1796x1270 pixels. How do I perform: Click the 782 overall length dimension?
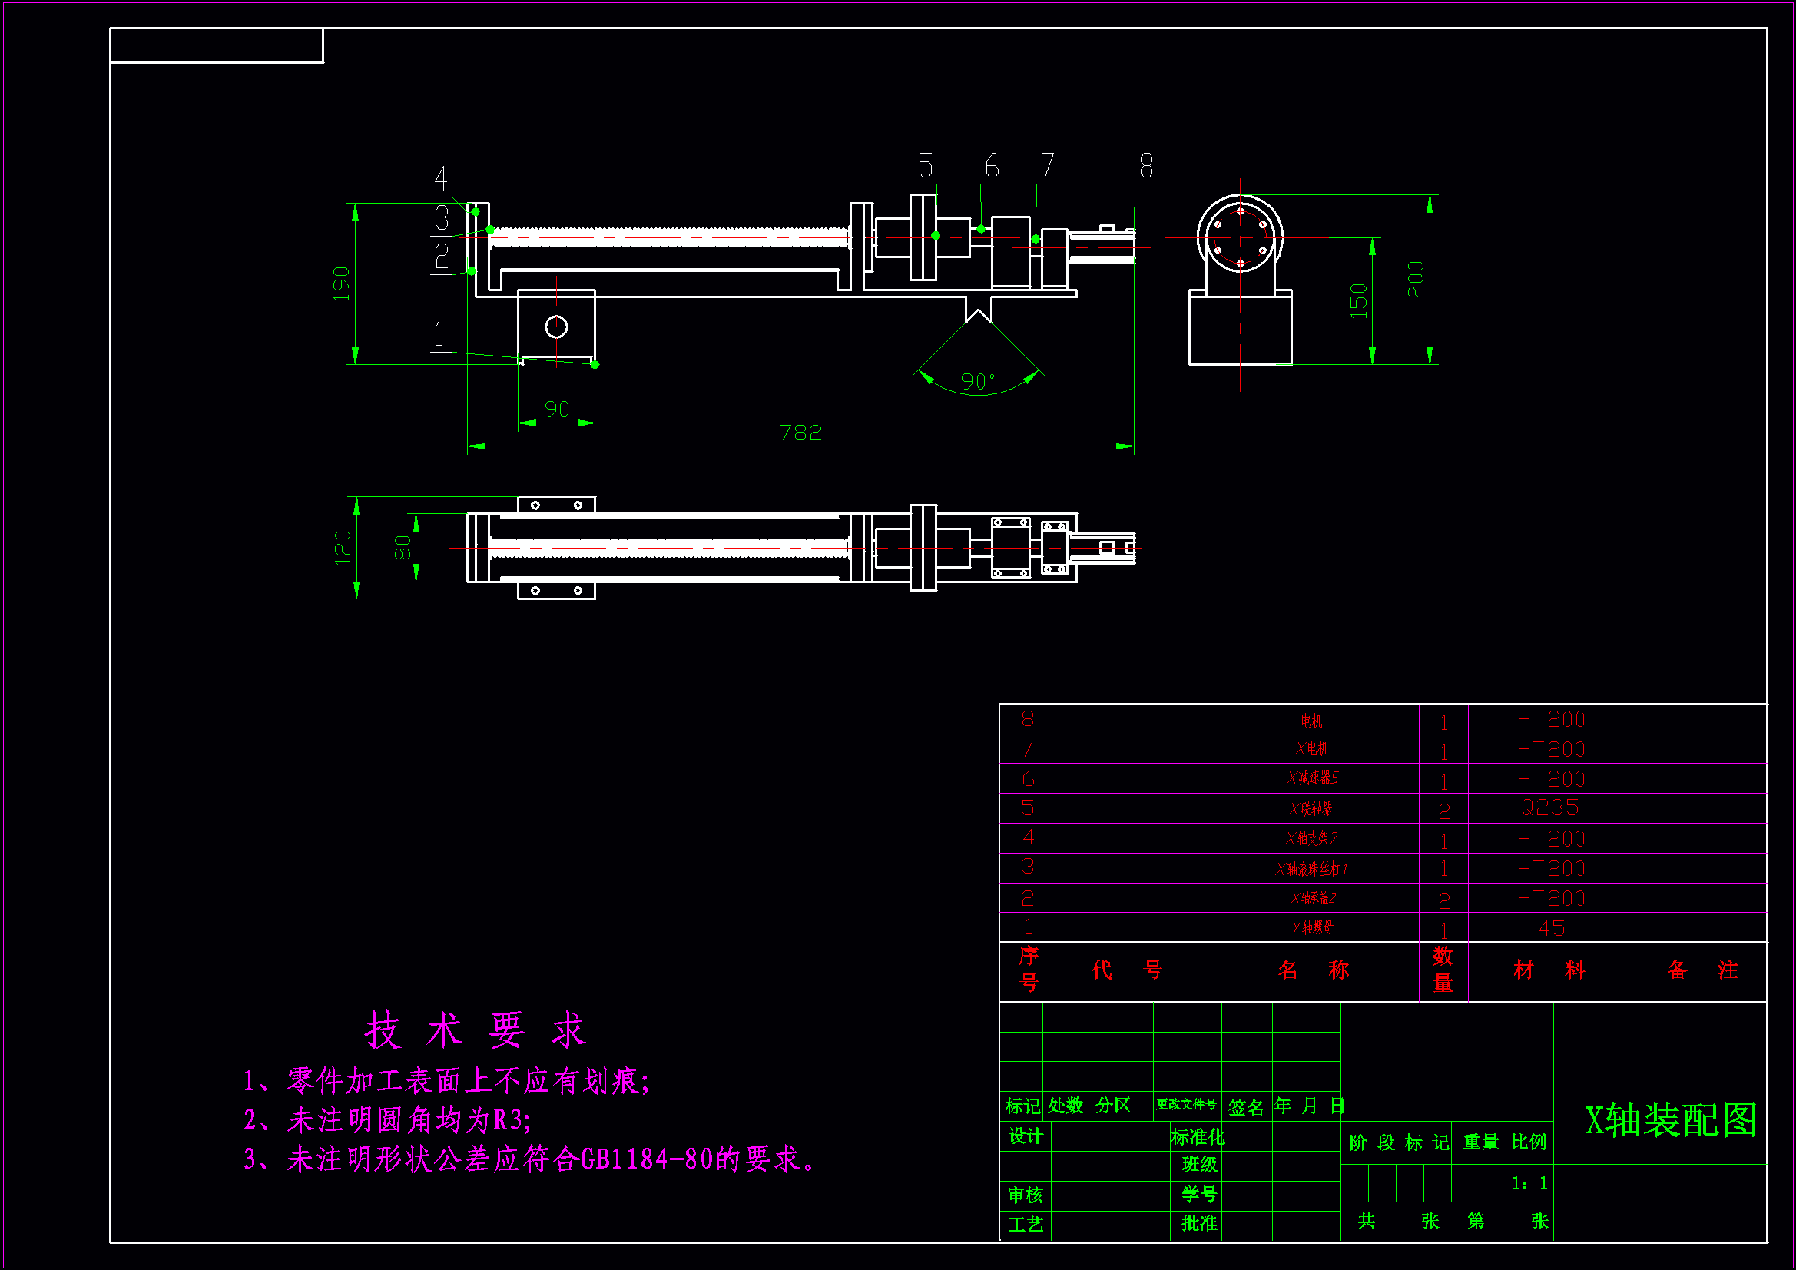(x=800, y=433)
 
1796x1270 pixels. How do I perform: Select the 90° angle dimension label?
(x=978, y=381)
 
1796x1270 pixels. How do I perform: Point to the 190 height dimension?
(x=341, y=284)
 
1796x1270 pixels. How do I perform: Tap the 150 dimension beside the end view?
(x=1359, y=300)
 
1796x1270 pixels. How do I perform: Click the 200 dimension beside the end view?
(x=1416, y=280)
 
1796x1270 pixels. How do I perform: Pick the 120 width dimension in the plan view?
(x=343, y=547)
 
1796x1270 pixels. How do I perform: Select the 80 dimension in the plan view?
(x=402, y=547)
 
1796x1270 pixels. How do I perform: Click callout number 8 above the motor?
(x=1146, y=166)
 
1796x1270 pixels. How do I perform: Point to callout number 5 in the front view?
(x=926, y=166)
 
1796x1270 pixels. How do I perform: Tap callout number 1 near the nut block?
(x=439, y=334)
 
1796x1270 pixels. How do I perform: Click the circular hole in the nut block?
(x=556, y=327)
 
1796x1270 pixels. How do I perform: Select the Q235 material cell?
(x=1549, y=807)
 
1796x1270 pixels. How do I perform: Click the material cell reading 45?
(x=1551, y=928)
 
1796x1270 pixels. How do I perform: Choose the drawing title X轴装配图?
(x=1670, y=1120)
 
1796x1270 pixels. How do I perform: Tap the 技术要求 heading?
(x=475, y=1030)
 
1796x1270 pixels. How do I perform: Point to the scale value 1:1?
(x=1529, y=1183)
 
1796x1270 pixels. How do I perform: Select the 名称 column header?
(x=1313, y=970)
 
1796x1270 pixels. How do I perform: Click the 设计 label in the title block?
(x=1025, y=1136)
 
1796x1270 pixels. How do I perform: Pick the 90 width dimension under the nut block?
(x=556, y=410)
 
